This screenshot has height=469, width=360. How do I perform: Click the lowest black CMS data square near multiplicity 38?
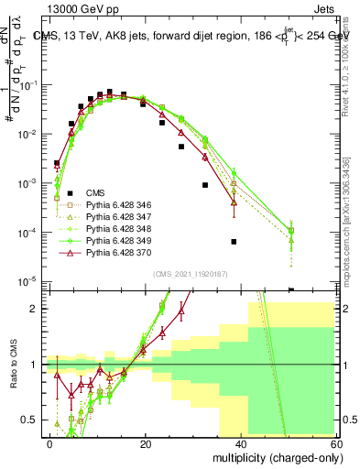coord(234,242)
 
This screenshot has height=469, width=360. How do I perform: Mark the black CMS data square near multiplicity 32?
coord(204,185)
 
